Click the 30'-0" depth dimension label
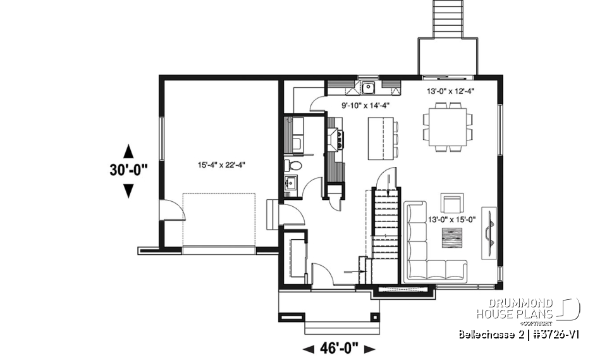[128, 170]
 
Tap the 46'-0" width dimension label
[340, 348]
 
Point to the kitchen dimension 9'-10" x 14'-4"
[365, 106]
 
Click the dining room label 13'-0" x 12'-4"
[451, 91]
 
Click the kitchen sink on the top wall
[368, 87]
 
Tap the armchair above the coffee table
[452, 204]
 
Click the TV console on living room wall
[489, 233]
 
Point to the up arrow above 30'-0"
[128, 151]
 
